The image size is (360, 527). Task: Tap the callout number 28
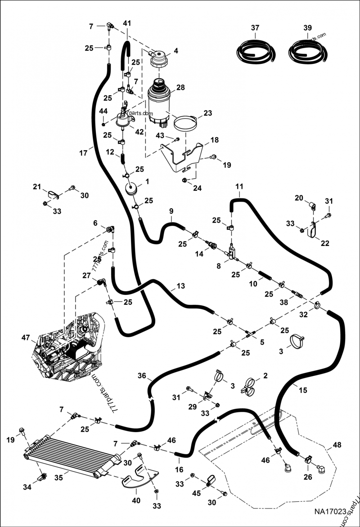(180, 87)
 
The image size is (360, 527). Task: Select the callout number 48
(337, 446)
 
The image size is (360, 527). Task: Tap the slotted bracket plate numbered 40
(140, 478)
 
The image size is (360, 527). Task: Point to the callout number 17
(83, 153)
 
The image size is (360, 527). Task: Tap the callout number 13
(180, 286)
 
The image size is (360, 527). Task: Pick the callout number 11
(239, 186)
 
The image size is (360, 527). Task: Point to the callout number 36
(142, 376)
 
